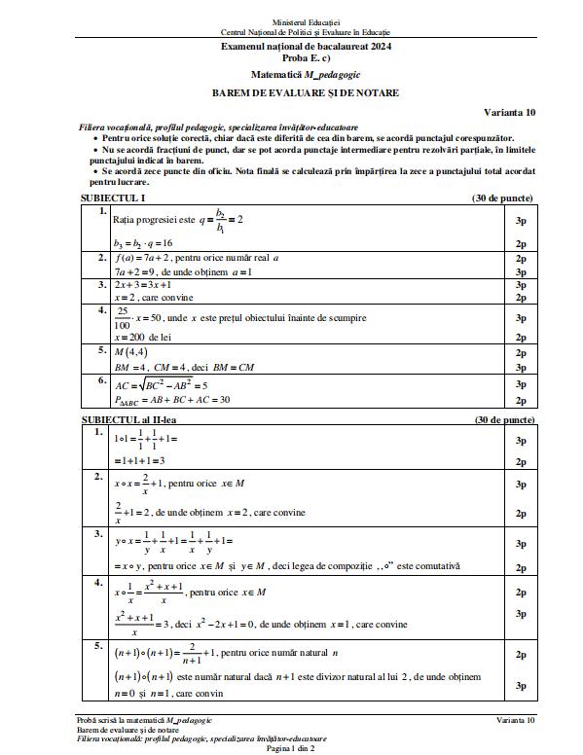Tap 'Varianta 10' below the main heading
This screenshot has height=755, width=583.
[x=509, y=113]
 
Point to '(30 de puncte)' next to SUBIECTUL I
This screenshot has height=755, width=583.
[x=502, y=198]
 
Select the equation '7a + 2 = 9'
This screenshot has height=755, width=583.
[x=136, y=272]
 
